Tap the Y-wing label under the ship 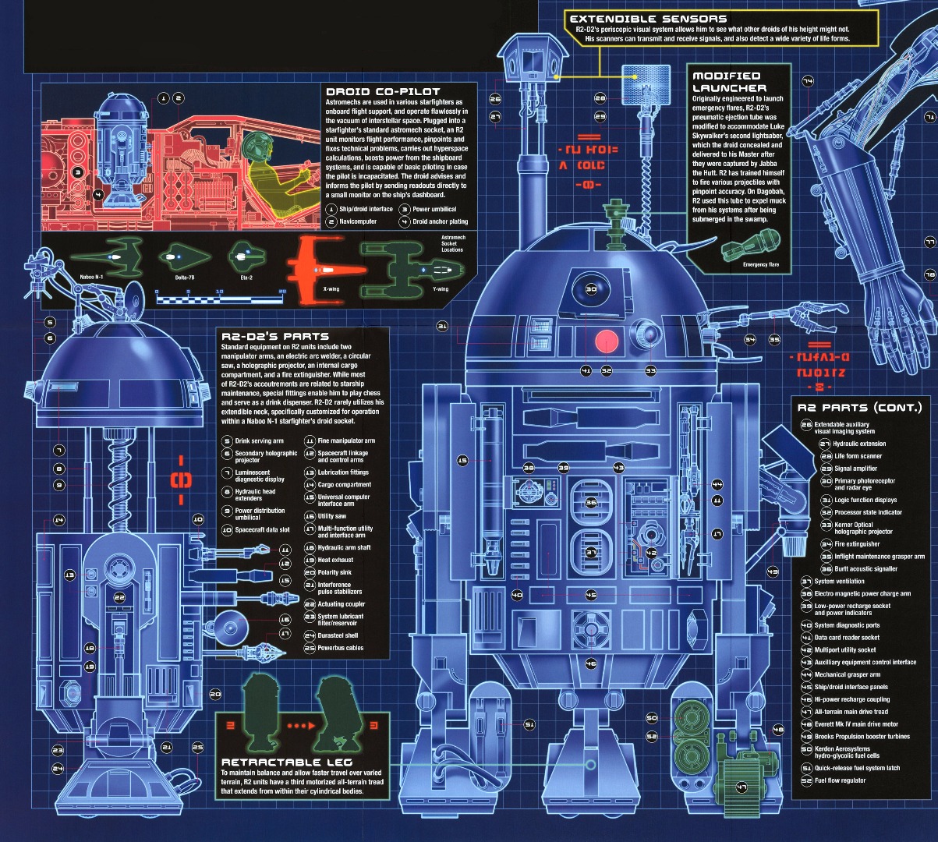pyautogui.click(x=441, y=289)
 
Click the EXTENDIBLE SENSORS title pyautogui.click(x=648, y=19)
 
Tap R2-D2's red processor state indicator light pyautogui.click(x=607, y=341)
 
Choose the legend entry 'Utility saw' pyautogui.click(x=332, y=516)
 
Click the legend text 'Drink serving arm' pyautogui.click(x=259, y=441)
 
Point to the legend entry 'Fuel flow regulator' pyautogui.click(x=840, y=780)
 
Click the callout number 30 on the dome pyautogui.click(x=591, y=289)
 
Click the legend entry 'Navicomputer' pyautogui.click(x=358, y=222)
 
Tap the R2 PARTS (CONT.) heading pyautogui.click(x=858, y=407)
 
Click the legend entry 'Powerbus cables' pyautogui.click(x=340, y=648)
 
